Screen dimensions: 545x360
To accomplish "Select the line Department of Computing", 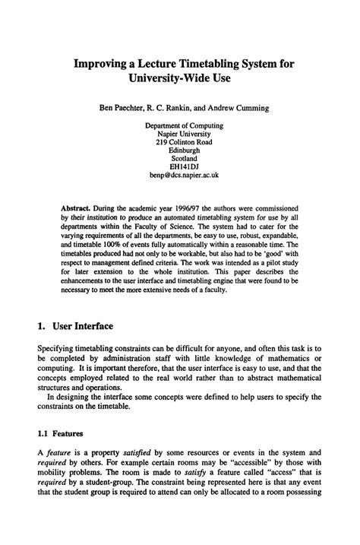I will point(184,123).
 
